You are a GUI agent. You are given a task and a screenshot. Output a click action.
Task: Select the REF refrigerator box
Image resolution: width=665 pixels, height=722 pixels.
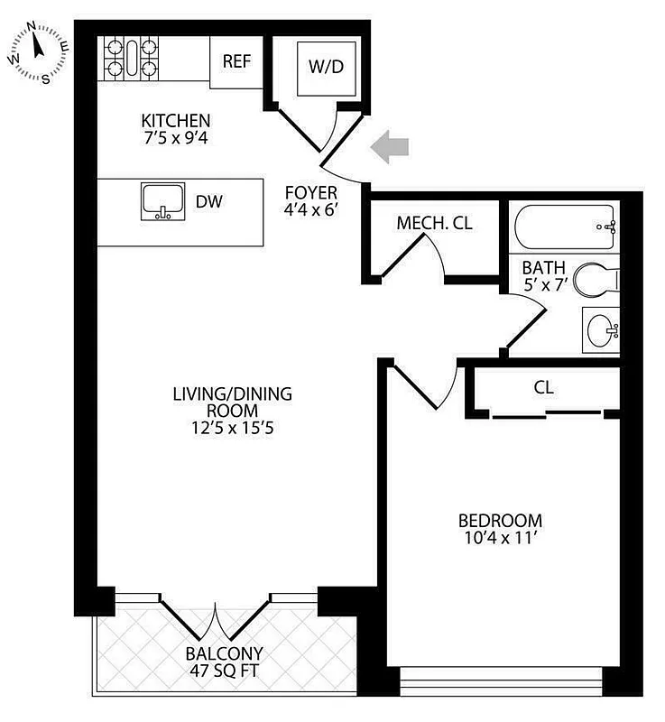coord(236,61)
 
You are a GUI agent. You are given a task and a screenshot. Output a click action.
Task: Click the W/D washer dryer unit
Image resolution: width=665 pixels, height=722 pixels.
coord(326,66)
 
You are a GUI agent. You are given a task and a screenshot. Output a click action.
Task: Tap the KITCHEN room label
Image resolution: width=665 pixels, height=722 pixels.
coord(176,120)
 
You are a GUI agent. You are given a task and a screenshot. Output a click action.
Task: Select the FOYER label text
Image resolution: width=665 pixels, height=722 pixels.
coord(310,192)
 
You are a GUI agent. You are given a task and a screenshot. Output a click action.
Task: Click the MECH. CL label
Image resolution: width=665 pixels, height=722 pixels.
coord(434,224)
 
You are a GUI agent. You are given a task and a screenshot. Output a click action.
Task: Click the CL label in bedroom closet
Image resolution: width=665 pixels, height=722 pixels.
coord(543,388)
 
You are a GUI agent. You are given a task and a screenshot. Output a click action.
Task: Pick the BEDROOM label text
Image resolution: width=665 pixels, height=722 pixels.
coord(500,521)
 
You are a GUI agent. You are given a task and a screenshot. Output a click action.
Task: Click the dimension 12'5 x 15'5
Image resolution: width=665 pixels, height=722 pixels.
coord(232,429)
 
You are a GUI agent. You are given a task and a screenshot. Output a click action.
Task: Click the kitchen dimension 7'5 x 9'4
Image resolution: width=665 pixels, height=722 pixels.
coord(176,140)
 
